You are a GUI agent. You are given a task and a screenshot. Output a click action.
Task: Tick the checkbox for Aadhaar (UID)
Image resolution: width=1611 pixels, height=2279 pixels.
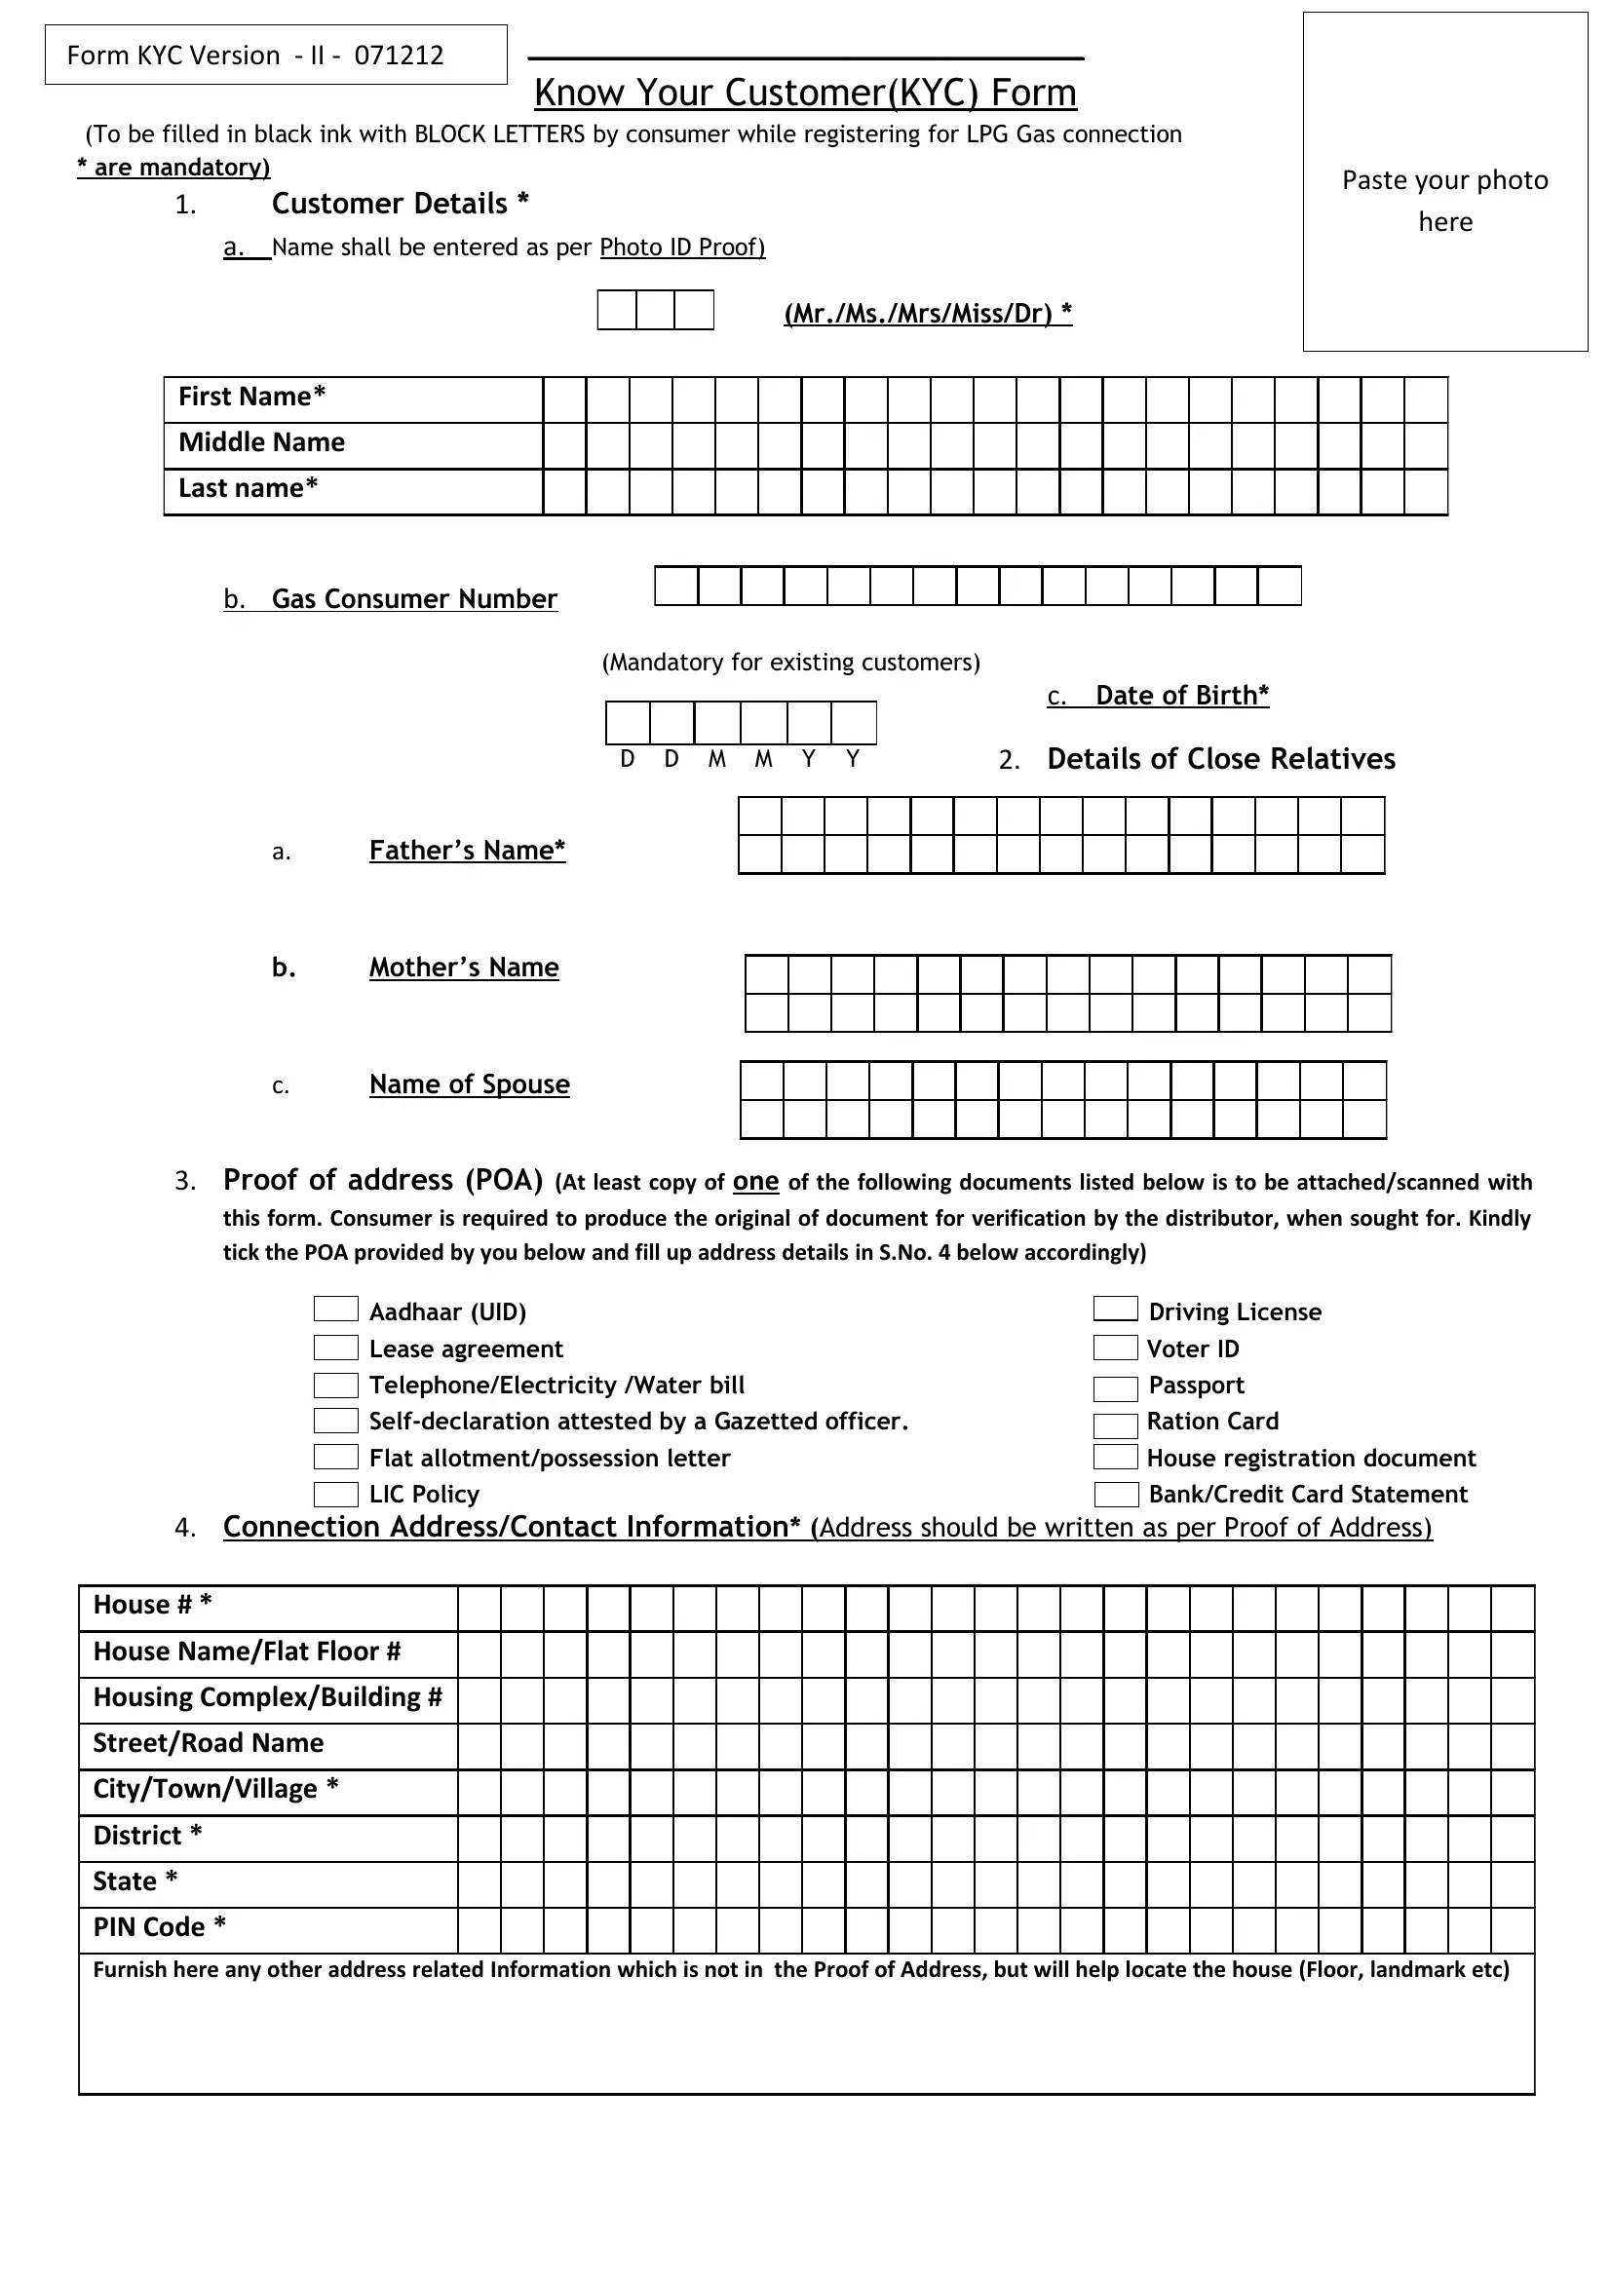[x=335, y=1309]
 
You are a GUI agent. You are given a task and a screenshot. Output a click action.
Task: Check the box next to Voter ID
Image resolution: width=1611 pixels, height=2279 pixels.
[x=1115, y=1347]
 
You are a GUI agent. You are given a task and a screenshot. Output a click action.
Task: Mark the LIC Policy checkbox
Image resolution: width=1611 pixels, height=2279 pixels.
[x=335, y=1494]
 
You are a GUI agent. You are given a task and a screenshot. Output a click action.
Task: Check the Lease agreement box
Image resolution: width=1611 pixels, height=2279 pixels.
[x=335, y=1347]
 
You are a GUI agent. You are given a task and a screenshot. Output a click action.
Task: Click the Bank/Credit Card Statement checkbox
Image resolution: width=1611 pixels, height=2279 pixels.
[x=1116, y=1494]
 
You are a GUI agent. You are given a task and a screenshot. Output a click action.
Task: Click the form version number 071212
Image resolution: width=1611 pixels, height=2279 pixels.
[x=399, y=56]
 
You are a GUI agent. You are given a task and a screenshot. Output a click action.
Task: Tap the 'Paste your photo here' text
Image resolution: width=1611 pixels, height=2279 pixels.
[x=1444, y=200]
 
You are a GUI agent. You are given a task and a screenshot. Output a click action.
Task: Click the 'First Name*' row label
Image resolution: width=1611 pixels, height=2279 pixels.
[x=252, y=397]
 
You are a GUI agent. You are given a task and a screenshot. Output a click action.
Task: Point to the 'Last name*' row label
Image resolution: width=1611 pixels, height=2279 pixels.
[x=249, y=488]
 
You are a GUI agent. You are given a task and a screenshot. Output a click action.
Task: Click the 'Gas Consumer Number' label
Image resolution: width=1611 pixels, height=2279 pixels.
[x=414, y=598]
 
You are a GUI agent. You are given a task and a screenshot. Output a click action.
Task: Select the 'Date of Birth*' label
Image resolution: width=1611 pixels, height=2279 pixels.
[x=1181, y=696]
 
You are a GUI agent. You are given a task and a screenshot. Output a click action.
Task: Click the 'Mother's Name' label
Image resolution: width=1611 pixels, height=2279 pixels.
[x=464, y=967]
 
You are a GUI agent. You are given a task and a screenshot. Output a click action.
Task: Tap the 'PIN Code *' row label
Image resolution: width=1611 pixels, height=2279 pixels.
[x=159, y=1926]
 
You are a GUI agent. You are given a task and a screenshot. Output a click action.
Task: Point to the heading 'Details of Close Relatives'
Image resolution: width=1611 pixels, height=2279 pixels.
[x=1220, y=759]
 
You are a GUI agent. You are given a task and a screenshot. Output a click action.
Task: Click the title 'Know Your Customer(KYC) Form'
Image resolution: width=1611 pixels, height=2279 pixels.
[x=805, y=93]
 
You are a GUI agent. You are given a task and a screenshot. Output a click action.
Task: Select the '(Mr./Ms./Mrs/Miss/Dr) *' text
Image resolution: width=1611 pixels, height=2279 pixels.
[x=927, y=314]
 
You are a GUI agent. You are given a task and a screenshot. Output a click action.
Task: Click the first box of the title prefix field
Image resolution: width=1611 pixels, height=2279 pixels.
[x=616, y=310]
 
